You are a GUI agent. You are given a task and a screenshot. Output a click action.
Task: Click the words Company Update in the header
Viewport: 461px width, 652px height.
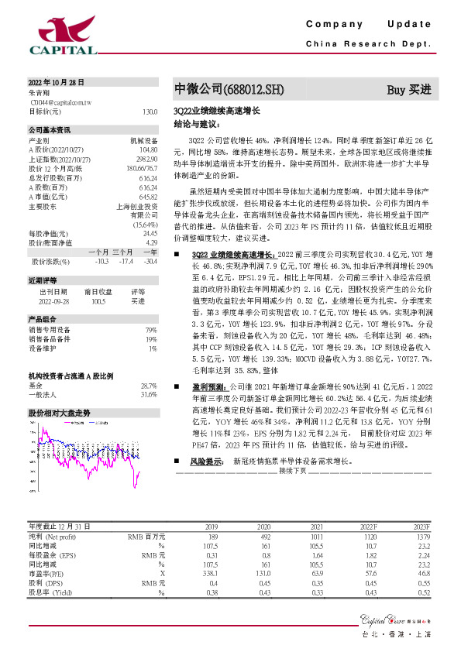368,25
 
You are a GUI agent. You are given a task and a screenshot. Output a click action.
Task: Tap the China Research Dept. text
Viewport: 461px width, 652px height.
368,43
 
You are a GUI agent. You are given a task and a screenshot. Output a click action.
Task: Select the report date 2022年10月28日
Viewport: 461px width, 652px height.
56,82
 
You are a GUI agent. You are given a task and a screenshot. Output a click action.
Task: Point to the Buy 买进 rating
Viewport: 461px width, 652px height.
408,89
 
